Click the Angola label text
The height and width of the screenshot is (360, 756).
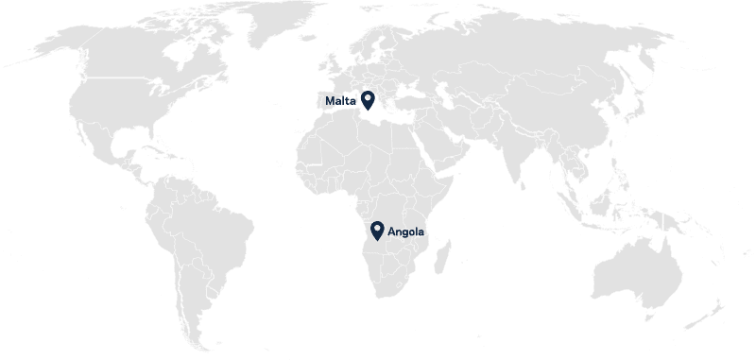coord(406,231)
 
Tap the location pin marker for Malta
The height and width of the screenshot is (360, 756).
coord(367,99)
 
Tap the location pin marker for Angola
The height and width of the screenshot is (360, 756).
coord(377,230)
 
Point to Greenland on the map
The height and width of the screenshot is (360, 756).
coord(274,28)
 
